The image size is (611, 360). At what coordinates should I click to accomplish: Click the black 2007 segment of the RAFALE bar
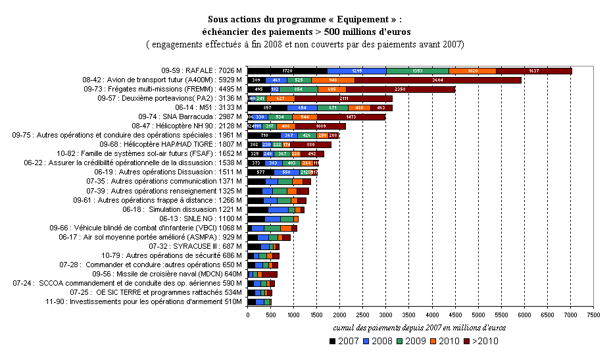(287, 70)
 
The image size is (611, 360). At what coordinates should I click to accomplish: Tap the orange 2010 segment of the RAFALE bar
(472, 70)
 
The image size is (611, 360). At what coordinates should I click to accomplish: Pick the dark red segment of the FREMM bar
(399, 89)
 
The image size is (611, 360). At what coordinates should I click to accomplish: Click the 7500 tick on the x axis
(593, 316)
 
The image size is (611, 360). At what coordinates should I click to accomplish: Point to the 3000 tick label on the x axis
(385, 316)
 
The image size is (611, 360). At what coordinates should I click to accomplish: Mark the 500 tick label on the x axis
(270, 316)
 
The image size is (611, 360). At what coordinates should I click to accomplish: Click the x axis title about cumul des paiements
(418, 327)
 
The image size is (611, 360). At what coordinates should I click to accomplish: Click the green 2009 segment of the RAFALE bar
(417, 70)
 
